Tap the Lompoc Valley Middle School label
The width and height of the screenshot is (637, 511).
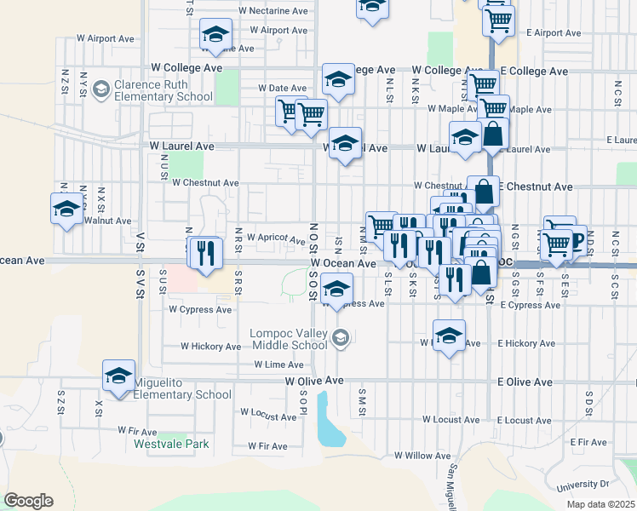(289, 339)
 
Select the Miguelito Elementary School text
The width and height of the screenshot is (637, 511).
(181, 388)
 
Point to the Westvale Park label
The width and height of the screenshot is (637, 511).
(171, 444)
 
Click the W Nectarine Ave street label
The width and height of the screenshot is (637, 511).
(273, 11)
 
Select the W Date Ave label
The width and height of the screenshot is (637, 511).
(281, 88)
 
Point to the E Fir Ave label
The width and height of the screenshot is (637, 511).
(588, 442)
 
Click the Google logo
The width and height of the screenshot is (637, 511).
(28, 501)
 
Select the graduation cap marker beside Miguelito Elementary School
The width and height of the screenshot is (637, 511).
(119, 376)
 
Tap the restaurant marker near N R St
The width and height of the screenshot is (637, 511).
(205, 252)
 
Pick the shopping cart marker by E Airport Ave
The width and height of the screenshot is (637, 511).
(498, 20)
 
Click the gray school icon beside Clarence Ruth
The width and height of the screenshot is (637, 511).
(101, 89)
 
